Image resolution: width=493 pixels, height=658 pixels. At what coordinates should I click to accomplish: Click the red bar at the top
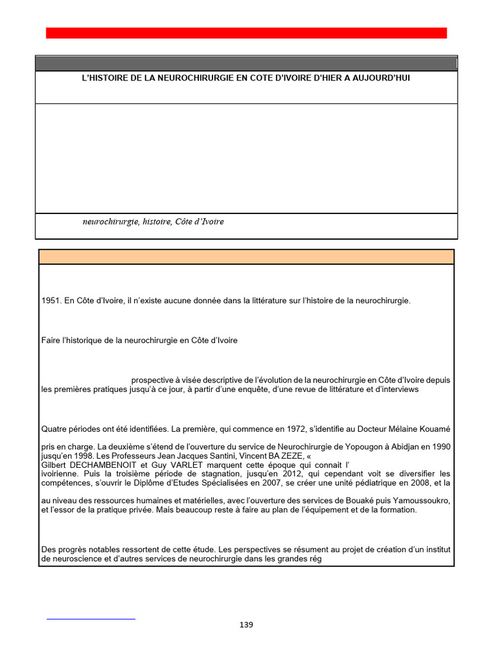tap(246, 33)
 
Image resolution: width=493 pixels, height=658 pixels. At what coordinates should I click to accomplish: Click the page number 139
tap(246, 625)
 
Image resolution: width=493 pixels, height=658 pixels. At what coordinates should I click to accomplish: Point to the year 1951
tap(51, 301)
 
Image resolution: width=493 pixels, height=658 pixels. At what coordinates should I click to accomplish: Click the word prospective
tap(155, 380)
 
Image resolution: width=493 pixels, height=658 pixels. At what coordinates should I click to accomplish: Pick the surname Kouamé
tap(432, 428)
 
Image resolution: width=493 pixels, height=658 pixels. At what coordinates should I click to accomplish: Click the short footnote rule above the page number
tap(91, 619)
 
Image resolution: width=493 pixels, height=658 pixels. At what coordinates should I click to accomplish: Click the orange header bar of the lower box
tap(246, 257)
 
